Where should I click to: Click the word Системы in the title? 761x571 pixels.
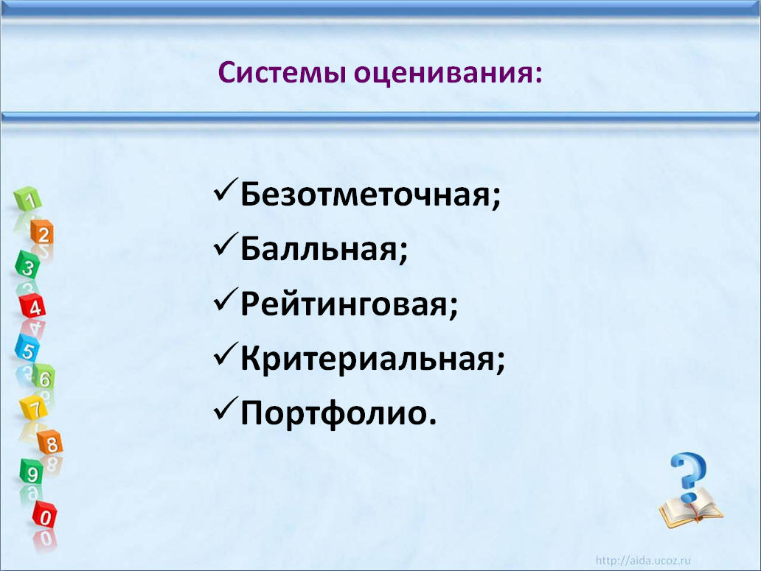pyautogui.click(x=282, y=73)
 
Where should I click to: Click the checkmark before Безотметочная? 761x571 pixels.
pyautogui.click(x=226, y=190)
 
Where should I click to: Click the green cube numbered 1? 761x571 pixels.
pyautogui.click(x=28, y=198)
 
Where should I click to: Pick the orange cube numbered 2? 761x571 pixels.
pyautogui.click(x=42, y=232)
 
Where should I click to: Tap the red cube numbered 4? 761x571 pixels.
pyautogui.click(x=32, y=305)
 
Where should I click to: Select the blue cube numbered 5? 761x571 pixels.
pyautogui.click(x=27, y=348)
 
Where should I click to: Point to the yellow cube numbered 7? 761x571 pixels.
pyautogui.click(x=33, y=407)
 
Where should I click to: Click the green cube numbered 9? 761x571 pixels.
pyautogui.click(x=32, y=472)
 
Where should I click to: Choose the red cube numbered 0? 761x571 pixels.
pyautogui.click(x=45, y=515)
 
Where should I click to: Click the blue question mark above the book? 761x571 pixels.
pyautogui.click(x=689, y=477)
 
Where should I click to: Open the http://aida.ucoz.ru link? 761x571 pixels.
pyautogui.click(x=643, y=561)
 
